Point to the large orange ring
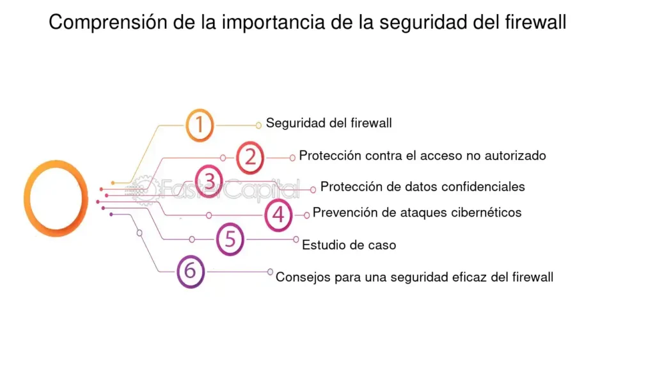25,199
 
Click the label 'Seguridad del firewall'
329,123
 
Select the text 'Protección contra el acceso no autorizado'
422,156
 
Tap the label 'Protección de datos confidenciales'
422,186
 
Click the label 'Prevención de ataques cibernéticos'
417,213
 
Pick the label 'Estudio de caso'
349,245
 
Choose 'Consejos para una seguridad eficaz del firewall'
414,277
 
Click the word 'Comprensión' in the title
107,22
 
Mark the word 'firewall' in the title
535,22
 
